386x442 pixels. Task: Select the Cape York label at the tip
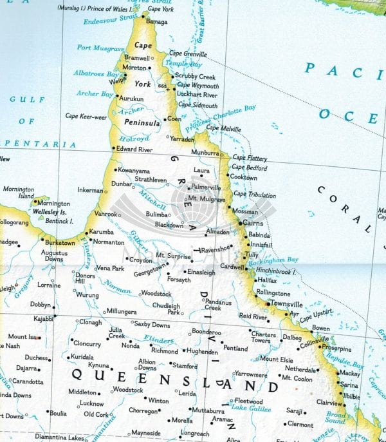pos(160,10)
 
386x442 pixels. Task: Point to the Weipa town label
pos(117,82)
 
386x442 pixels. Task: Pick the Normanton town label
pos(109,242)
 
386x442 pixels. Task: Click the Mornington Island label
pos(18,192)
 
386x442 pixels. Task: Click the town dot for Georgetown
pos(168,264)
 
